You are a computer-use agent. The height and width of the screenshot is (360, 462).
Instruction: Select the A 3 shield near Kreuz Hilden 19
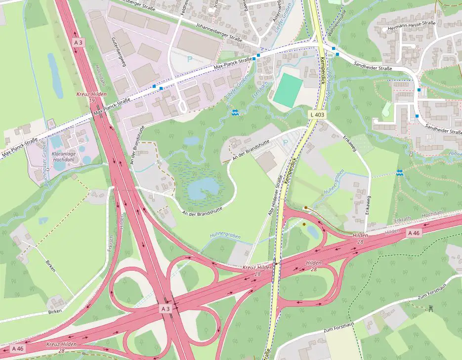pyautogui.click(x=78, y=42)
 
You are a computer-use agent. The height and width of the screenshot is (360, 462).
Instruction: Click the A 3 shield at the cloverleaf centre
pyautogui.click(x=165, y=309)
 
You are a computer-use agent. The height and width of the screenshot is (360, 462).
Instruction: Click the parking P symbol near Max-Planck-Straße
pyautogui.click(x=189, y=59)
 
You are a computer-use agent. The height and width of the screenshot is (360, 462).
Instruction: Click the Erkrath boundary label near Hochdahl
pyautogui.click(x=403, y=219)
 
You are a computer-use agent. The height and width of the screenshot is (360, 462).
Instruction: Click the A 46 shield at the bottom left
pyautogui.click(x=17, y=349)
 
